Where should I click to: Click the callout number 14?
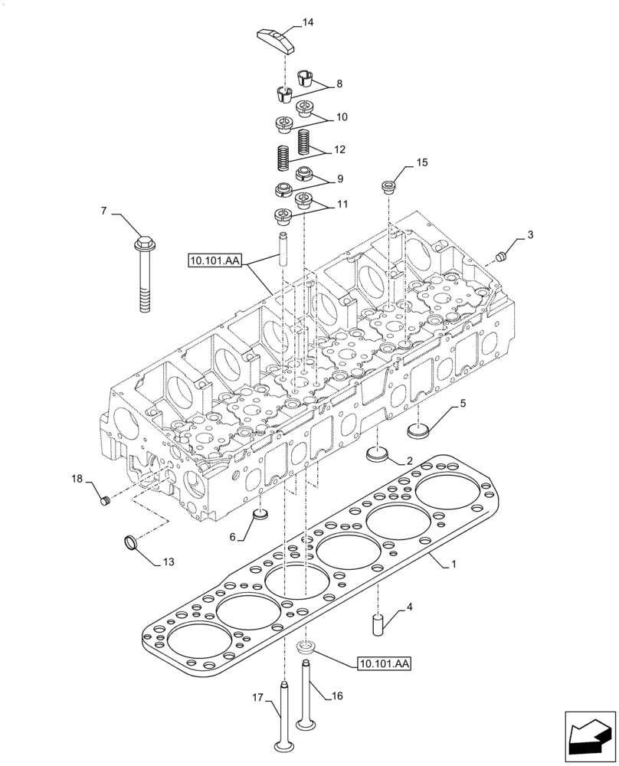click(x=308, y=23)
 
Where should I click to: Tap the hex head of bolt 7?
click(x=142, y=246)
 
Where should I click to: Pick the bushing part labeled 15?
click(x=388, y=186)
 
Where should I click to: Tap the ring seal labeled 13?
click(x=131, y=543)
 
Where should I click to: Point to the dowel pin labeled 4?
click(x=378, y=623)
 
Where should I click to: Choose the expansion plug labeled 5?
click(x=418, y=433)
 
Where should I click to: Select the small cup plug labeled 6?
click(x=260, y=514)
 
